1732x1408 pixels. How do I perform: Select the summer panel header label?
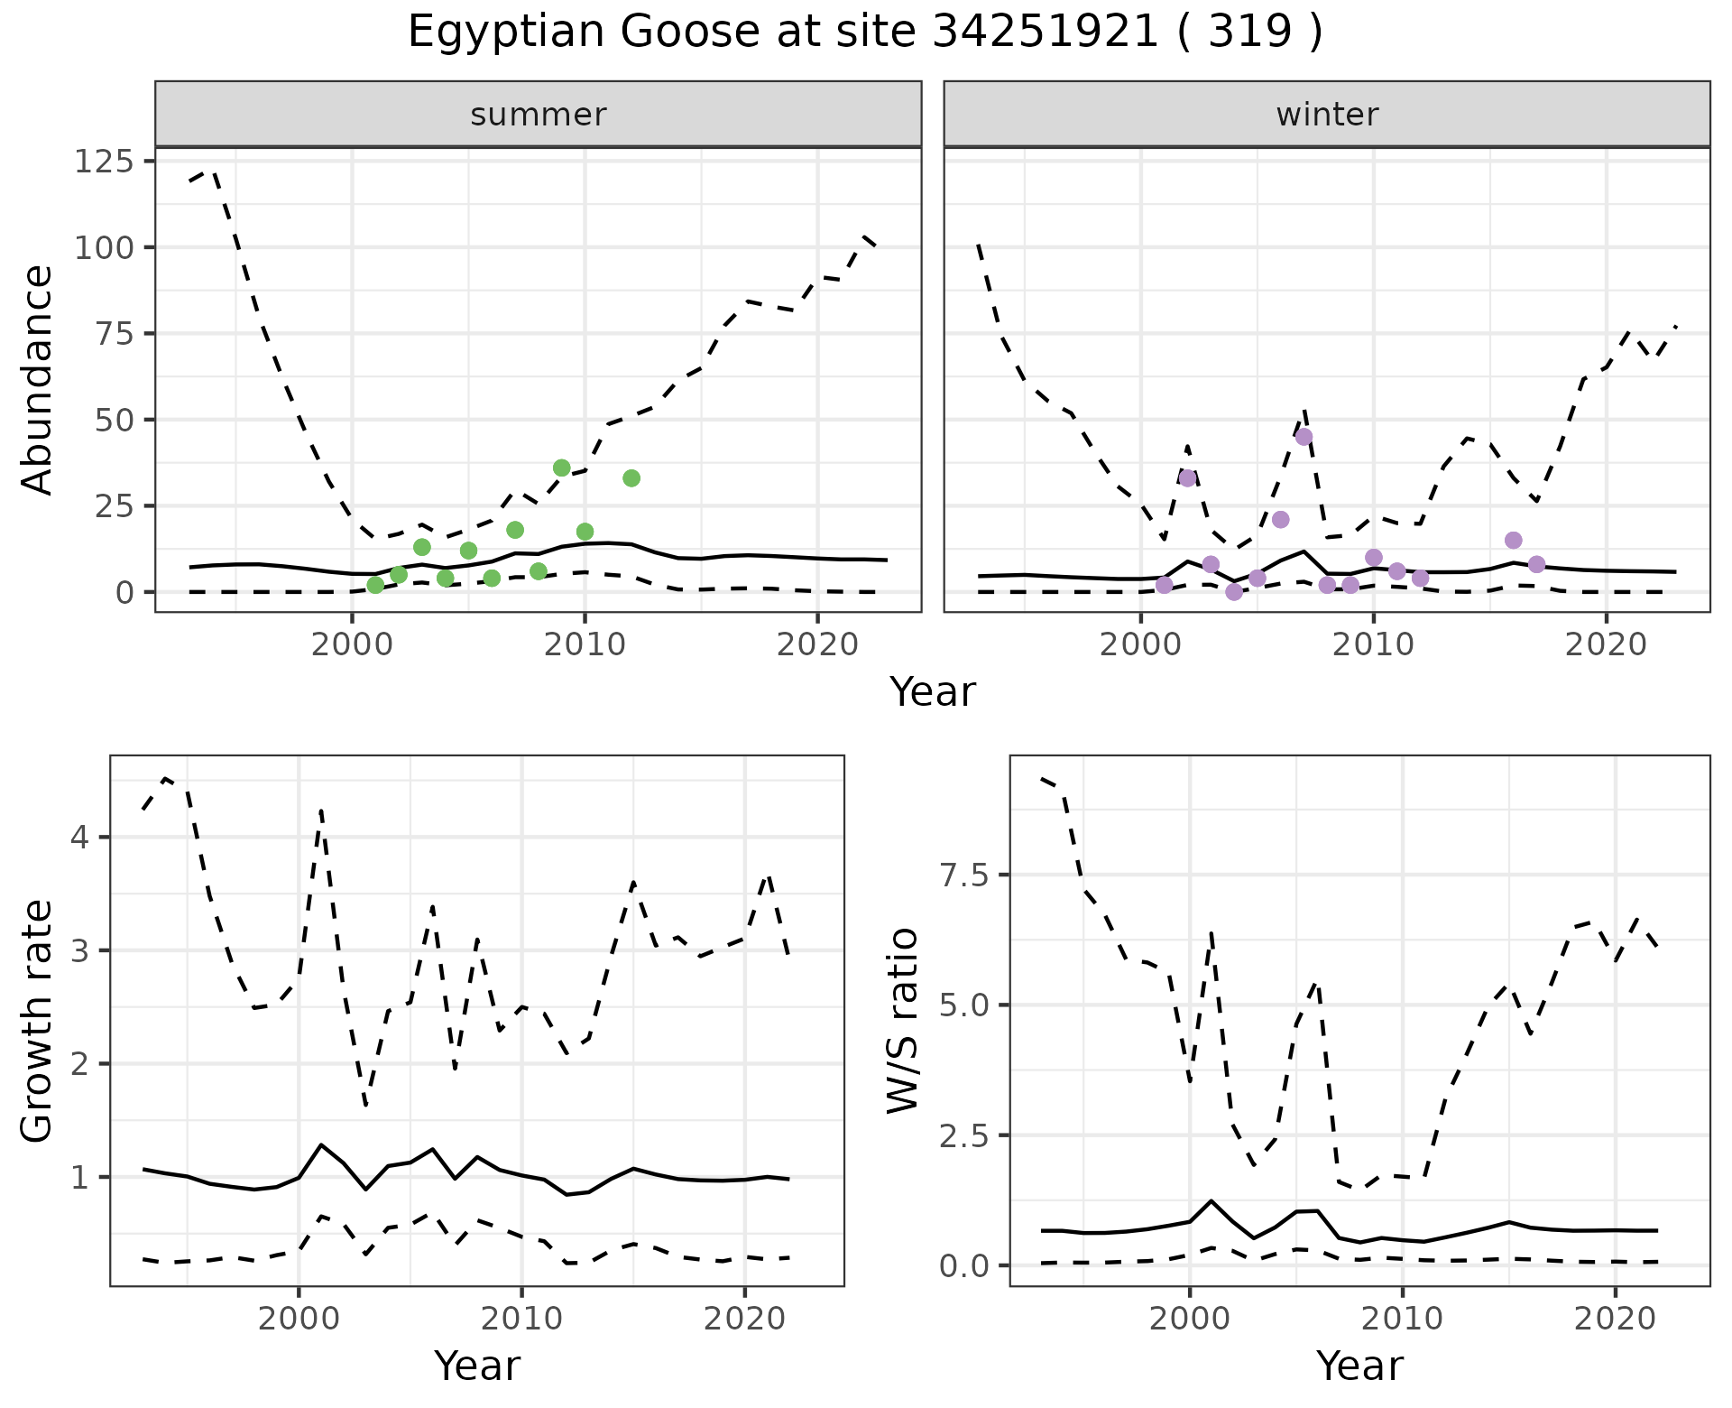click(x=539, y=115)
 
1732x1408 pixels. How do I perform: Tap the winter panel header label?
click(x=1327, y=115)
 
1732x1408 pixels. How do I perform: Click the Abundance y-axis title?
click(x=37, y=380)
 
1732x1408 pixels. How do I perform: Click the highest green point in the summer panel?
click(x=562, y=468)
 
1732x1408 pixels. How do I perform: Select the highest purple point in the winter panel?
click(x=1304, y=437)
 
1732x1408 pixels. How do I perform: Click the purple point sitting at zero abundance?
click(x=1234, y=592)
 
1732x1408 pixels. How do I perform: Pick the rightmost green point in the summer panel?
click(x=631, y=478)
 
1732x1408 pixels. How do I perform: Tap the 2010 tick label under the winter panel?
click(x=1373, y=645)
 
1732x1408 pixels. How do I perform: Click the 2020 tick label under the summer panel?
click(x=817, y=645)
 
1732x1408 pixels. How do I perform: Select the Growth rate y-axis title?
click(x=37, y=1022)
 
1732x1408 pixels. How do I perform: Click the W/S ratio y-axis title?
click(x=902, y=1020)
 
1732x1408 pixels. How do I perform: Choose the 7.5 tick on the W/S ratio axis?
click(x=963, y=875)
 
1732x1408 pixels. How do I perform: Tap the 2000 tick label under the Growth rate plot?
click(x=299, y=1319)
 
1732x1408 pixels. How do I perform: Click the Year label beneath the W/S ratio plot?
click(x=1359, y=1366)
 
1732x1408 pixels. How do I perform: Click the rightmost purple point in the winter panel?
click(x=1537, y=565)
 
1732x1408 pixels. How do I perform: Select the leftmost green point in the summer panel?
click(x=375, y=585)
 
